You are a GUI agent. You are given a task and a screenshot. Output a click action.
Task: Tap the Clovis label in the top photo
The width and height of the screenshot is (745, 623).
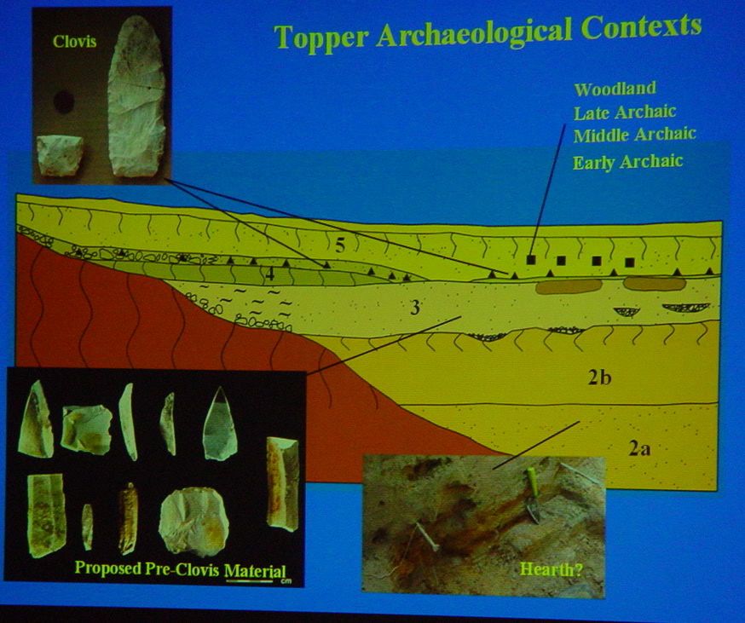[75, 42]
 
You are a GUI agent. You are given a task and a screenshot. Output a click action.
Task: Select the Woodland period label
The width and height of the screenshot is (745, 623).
[615, 89]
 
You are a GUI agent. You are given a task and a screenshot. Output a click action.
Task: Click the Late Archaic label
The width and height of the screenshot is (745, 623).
[625, 112]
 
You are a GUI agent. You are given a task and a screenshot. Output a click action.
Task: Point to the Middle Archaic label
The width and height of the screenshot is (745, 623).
[635, 135]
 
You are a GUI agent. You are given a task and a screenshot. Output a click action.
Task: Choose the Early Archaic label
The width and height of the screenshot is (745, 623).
[628, 162]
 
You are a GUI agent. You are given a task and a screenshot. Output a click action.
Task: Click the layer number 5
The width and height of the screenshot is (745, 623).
[340, 245]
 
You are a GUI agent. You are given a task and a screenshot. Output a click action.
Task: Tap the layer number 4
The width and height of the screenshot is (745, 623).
[270, 274]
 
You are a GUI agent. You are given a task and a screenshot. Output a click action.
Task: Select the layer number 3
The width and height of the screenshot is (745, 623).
[415, 309]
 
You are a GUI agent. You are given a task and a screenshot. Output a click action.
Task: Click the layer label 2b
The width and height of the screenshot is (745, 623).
[598, 378]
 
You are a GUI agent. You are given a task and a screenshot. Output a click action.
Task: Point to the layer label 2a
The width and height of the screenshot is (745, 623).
[639, 448]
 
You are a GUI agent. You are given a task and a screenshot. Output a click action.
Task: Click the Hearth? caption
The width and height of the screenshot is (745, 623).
[551, 568]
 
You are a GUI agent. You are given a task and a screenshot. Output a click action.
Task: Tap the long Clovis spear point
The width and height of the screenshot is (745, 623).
[137, 95]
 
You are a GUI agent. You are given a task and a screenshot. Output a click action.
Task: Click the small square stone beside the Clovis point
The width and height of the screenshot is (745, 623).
[61, 155]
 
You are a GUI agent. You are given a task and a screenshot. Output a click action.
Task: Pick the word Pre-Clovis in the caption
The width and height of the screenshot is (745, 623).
[182, 568]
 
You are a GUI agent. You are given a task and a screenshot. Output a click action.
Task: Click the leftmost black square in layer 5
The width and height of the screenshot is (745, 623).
[531, 259]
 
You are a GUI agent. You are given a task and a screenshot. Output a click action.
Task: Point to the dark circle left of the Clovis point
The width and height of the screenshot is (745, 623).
[63, 101]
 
